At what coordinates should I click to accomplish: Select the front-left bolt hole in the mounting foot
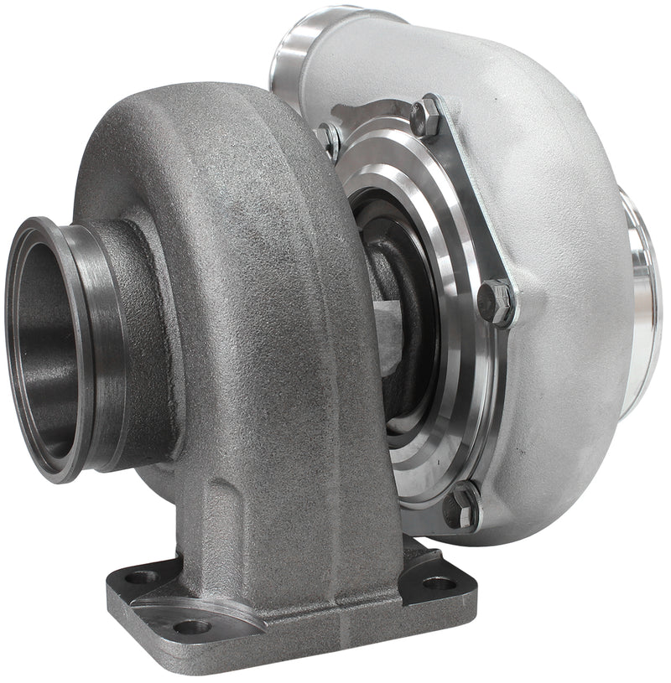[x=191, y=625]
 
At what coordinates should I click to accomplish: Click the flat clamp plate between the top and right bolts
[x=470, y=201]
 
